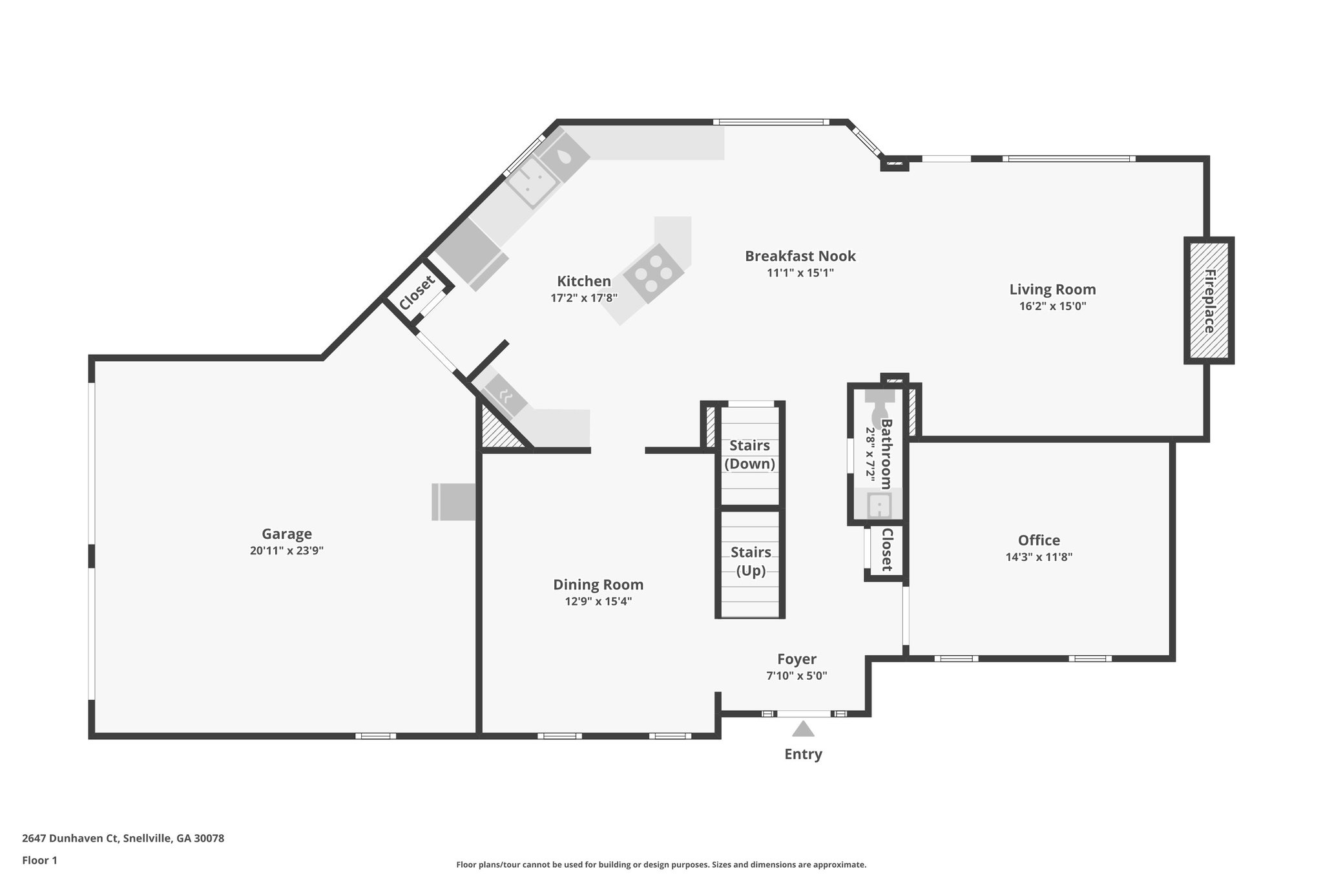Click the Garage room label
click(286, 534)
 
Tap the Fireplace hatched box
click(1209, 300)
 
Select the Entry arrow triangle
click(803, 729)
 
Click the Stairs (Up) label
click(751, 561)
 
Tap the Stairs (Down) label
click(749, 454)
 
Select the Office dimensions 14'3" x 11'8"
click(1039, 557)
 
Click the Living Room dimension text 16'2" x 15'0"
click(1052, 306)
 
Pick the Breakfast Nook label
click(800, 256)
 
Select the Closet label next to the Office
click(886, 550)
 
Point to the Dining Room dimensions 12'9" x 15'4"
click(598, 602)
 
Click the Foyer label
click(797, 658)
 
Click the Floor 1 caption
click(40, 860)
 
